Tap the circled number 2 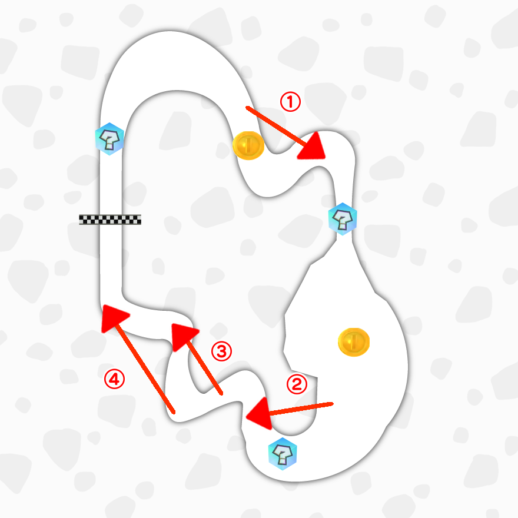coord(297,384)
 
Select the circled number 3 coord(221,352)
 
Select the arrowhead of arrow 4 coord(113,317)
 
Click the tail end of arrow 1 coord(247,108)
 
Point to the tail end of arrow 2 coord(333,404)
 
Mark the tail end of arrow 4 coord(174,411)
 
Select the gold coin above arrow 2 coord(354,341)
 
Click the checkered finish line coord(111,220)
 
